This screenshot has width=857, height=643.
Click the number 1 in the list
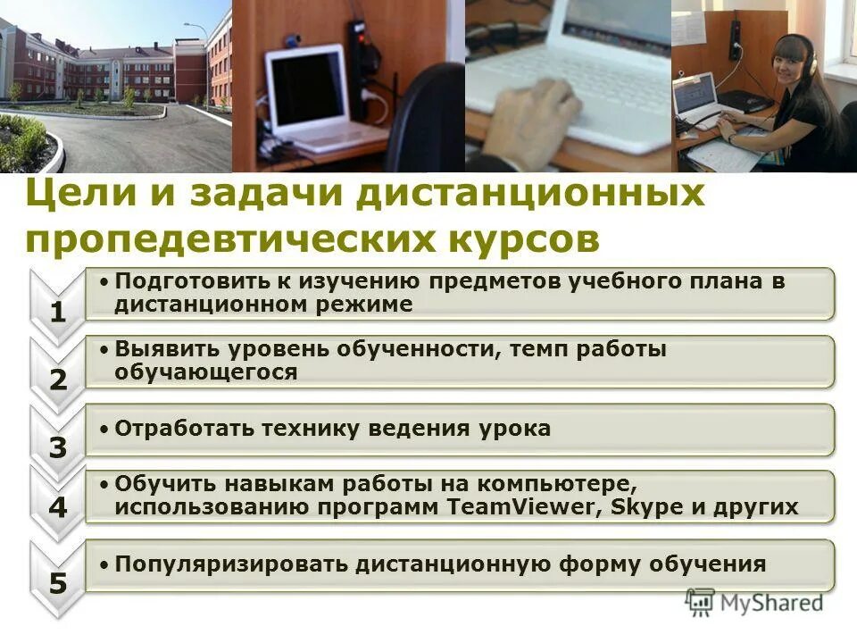pos(58,313)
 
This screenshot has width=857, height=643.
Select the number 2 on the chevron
pos(58,380)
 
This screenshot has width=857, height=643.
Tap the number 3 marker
pos(58,447)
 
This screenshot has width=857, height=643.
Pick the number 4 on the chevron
pos(58,508)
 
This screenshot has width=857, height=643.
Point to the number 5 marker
pos(58,584)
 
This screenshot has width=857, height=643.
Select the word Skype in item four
pos(644,507)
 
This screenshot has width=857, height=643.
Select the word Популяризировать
pos(232,564)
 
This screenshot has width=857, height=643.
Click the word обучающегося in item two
pos(205,372)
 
